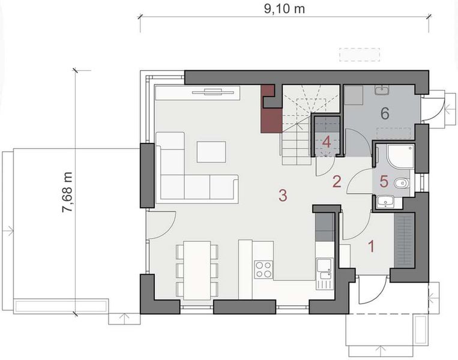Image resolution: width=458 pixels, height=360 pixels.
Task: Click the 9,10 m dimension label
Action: click(x=285, y=10)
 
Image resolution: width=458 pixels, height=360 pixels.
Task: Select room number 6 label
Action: click(x=385, y=112)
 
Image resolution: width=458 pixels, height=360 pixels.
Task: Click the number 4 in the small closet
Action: click(x=327, y=142)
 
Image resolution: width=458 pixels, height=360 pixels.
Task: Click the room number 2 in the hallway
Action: click(x=337, y=181)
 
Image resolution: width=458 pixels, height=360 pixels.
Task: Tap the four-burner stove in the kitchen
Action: click(x=263, y=269)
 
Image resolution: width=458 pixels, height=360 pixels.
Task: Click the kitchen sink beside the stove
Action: click(x=324, y=266)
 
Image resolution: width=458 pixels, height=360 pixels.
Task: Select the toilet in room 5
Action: click(x=402, y=182)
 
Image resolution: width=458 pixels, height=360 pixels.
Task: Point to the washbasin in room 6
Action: click(x=381, y=91)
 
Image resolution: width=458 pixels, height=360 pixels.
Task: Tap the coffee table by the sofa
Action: click(x=211, y=151)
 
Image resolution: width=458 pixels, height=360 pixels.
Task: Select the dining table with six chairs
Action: click(x=196, y=269)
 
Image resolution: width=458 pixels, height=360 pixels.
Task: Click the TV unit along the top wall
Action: click(x=197, y=92)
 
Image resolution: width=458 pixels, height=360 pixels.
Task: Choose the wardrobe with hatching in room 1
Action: click(x=403, y=241)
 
